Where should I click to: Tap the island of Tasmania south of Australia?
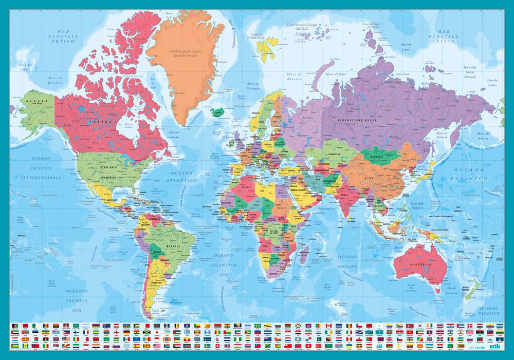437,290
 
